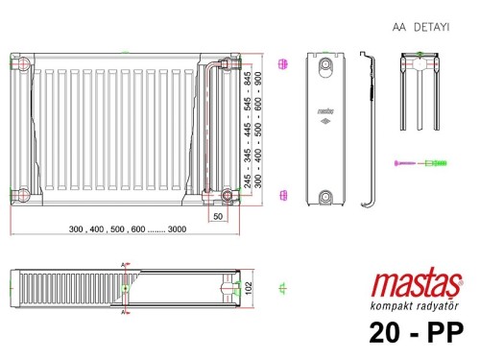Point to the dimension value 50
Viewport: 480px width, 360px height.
tap(218, 217)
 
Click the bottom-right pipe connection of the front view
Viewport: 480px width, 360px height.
tap(228, 196)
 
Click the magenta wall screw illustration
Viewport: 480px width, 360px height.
tap(406, 164)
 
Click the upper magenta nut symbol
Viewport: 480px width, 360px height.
tap(282, 64)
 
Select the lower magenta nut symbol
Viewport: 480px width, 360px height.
tap(282, 195)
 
